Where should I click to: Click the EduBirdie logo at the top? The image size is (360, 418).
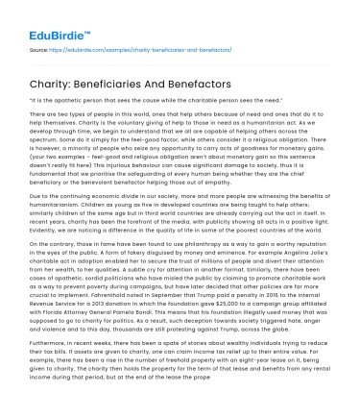[43, 16]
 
